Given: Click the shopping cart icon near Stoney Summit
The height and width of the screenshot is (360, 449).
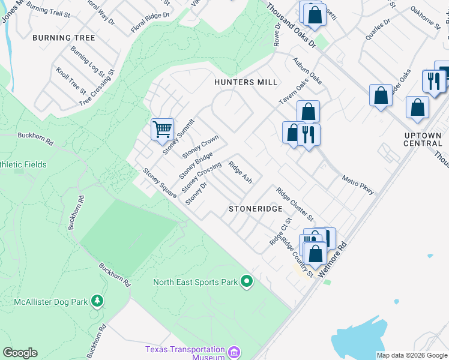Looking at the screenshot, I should point(162,128).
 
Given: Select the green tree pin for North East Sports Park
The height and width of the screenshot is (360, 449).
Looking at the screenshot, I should point(246,281).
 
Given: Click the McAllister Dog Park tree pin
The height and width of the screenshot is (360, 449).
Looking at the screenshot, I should point(97,301).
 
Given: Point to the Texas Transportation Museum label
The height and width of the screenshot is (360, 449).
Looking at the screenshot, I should point(185,353).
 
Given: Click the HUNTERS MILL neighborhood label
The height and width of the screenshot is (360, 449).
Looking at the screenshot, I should point(246,82).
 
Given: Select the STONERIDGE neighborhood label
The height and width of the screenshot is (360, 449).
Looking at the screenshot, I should point(255,209).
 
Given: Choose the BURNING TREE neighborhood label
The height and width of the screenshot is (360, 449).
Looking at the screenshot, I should point(64,38).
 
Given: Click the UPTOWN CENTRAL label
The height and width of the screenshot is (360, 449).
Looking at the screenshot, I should point(423,139).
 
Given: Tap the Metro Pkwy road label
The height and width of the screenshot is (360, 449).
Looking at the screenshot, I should point(358,185).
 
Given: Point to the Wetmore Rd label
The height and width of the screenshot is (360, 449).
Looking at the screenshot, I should point(334,259).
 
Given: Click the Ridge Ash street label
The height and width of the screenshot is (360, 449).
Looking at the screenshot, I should point(240,171).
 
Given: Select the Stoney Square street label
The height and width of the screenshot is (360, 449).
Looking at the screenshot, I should point(159,182).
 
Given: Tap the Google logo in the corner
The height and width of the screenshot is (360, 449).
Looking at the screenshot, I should point(20,353).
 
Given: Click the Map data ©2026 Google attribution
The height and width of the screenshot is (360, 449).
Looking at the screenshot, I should point(411,355).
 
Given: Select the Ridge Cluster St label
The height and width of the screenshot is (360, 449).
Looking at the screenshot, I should point(295,203).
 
